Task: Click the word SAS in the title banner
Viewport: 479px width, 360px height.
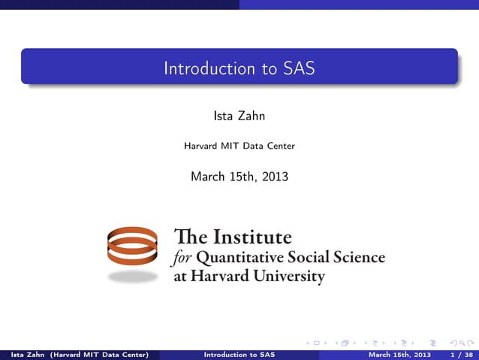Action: coord(299,68)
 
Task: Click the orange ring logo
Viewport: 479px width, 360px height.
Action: coord(132,246)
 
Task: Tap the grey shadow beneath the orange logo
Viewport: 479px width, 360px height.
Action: coord(132,276)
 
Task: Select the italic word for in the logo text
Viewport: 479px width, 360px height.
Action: coord(182,258)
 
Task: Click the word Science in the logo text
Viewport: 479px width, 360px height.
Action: coord(357,258)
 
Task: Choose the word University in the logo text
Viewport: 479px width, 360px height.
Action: coord(285,276)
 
